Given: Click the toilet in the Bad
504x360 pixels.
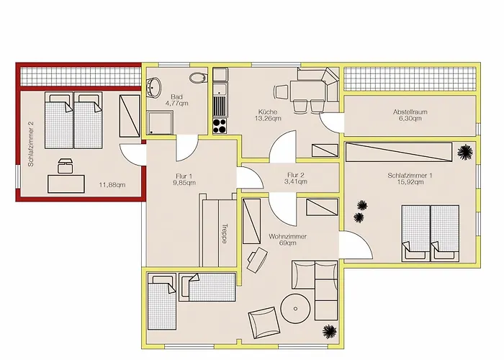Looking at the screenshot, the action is click(x=197, y=78).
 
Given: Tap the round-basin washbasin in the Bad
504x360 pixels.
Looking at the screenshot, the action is click(x=154, y=87).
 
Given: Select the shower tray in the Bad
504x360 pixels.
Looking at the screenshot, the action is click(x=160, y=123).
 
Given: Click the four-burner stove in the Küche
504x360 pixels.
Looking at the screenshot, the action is click(x=220, y=126).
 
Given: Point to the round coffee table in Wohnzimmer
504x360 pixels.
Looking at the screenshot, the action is click(x=295, y=308).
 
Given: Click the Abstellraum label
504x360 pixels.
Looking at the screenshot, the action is click(x=410, y=112).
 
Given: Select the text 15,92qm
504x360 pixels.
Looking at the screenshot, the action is click(x=410, y=182).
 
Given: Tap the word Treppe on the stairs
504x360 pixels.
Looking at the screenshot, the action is click(x=225, y=234).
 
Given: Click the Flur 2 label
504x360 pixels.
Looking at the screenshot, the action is click(x=296, y=175).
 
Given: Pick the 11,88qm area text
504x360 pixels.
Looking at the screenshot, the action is click(x=112, y=185).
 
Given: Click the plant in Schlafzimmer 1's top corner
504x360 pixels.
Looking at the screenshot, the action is click(x=465, y=152).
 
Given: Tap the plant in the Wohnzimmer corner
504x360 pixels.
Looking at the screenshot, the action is click(x=330, y=332).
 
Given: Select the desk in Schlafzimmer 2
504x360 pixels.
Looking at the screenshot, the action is click(x=66, y=184).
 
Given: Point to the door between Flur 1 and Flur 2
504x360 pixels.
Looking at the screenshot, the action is click(x=250, y=178).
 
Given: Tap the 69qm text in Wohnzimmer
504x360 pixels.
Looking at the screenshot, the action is click(x=288, y=243).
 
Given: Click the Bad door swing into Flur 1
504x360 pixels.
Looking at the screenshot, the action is click(x=187, y=148).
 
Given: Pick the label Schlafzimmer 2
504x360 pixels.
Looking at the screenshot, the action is click(x=31, y=144).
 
